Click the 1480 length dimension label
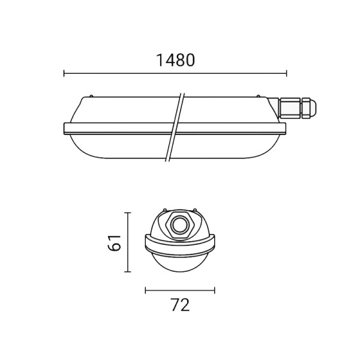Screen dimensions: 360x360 click(175, 61)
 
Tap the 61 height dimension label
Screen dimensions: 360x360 click(114, 242)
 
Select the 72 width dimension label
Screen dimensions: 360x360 click(181, 305)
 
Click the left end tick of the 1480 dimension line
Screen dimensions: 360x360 click(64, 73)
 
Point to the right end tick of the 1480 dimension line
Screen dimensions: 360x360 click(286, 73)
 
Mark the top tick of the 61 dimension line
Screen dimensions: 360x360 click(128, 213)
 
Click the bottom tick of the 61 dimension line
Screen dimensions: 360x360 click(128, 272)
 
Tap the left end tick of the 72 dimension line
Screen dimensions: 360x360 click(146, 290)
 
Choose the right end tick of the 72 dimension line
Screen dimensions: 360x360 click(214, 290)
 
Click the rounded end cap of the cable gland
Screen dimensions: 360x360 click(309, 108)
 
